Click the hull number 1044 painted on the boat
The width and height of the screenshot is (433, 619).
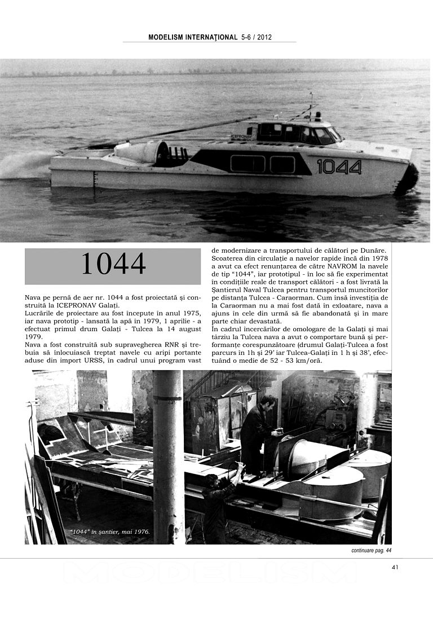(339, 166)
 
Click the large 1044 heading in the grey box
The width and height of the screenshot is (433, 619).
(113, 264)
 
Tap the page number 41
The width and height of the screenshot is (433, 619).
(395, 567)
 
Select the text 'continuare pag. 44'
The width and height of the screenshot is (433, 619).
(368, 550)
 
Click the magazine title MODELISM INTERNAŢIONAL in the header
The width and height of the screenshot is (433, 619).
(193, 37)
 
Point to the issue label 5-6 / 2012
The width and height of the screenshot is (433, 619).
(257, 37)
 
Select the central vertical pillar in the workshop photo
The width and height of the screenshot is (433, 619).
(168, 457)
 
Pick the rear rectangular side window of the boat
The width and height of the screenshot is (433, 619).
(247, 164)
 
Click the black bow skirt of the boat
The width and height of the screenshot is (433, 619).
(407, 179)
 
